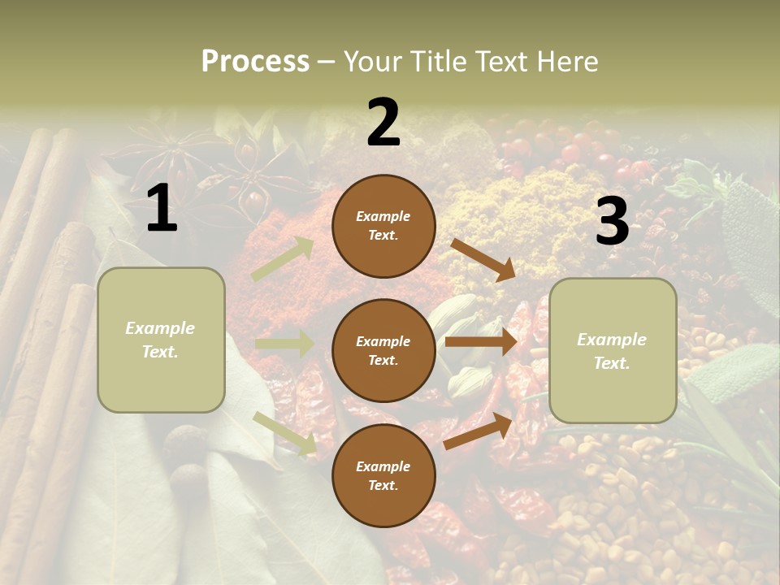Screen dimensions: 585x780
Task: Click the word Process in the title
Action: pyautogui.click(x=255, y=62)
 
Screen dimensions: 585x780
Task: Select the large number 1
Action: pyautogui.click(x=162, y=209)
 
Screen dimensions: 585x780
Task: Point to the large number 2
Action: pyautogui.click(x=383, y=123)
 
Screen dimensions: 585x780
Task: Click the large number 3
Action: pyautogui.click(x=612, y=222)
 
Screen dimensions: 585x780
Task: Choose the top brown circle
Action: pyautogui.click(x=383, y=226)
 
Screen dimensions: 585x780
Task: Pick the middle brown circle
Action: pyautogui.click(x=383, y=350)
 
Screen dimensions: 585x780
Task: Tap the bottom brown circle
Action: pyautogui.click(x=383, y=475)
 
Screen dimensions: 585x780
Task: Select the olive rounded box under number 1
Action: pyautogui.click(x=161, y=340)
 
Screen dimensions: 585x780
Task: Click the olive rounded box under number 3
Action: pyautogui.click(x=613, y=350)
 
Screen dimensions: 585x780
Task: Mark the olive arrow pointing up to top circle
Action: pyautogui.click(x=283, y=259)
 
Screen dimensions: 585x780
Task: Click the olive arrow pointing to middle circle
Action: pyautogui.click(x=284, y=344)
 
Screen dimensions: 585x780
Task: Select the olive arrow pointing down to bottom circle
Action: pyautogui.click(x=285, y=432)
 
